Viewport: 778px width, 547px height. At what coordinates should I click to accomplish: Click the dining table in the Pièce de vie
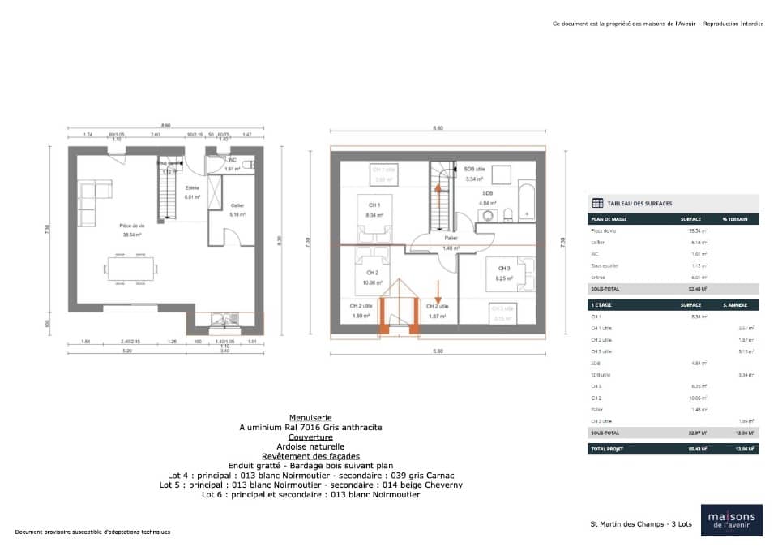[x=130, y=269]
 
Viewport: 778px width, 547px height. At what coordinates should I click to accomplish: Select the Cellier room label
[x=237, y=205]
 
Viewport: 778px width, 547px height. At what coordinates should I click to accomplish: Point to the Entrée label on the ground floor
[x=192, y=187]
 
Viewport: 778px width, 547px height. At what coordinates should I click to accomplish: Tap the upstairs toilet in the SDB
[x=507, y=215]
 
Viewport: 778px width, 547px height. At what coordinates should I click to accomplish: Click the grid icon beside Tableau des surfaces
[x=597, y=203]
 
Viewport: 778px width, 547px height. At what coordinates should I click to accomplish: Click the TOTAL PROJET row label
[x=608, y=448]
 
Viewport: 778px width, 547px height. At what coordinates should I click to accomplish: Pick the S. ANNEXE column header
[x=741, y=304]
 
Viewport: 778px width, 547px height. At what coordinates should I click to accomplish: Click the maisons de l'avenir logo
[x=731, y=520]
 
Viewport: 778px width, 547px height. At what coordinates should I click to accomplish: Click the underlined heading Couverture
[x=310, y=437]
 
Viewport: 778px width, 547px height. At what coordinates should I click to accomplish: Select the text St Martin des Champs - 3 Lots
[x=640, y=524]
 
